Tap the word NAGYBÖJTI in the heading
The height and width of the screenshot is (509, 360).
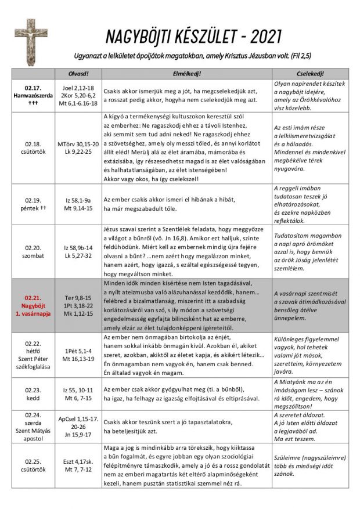[x=138, y=37]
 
